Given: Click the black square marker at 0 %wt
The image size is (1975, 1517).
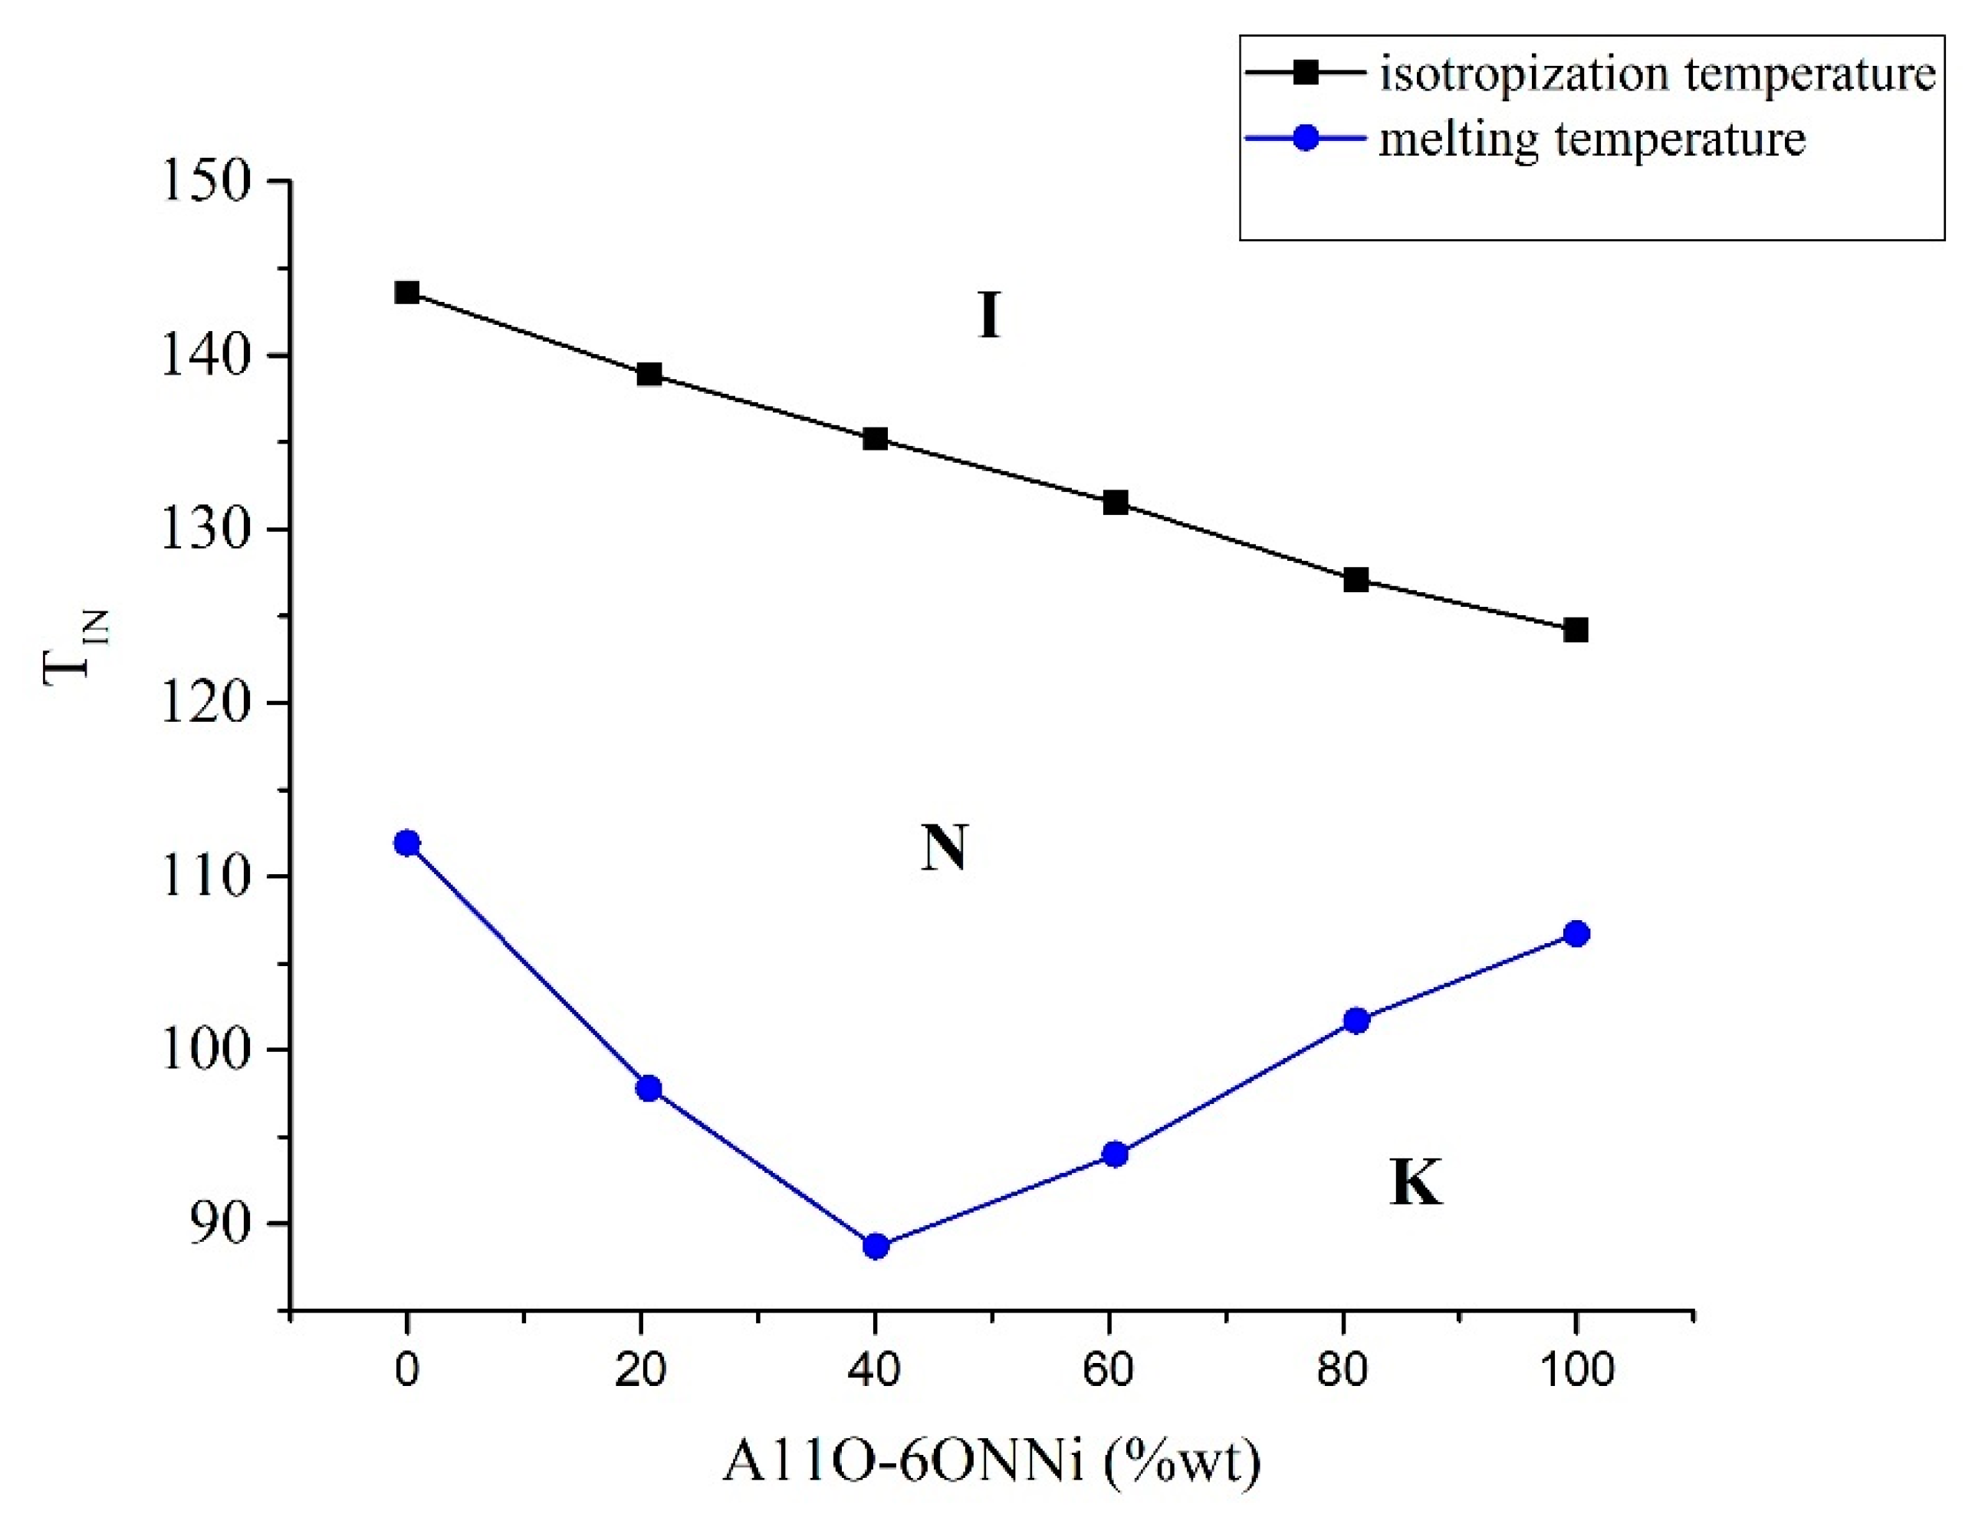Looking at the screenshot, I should click(x=406, y=293).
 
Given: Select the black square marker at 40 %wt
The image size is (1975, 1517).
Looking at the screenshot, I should click(x=875, y=439).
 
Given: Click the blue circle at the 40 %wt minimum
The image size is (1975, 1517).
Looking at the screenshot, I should click(x=875, y=1246).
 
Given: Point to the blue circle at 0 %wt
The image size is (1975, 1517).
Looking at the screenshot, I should click(x=406, y=843).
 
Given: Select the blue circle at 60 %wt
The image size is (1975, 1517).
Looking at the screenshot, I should click(x=1115, y=1154).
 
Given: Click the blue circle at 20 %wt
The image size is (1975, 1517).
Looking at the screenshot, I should click(x=649, y=1088).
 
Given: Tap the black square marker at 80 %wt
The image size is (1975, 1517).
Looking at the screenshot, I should click(x=1356, y=580).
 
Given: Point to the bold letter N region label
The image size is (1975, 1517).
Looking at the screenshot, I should click(x=943, y=849).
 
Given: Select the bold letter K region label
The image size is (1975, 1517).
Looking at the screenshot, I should click(x=1414, y=1182).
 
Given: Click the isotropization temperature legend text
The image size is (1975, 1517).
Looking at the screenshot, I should click(x=1657, y=74).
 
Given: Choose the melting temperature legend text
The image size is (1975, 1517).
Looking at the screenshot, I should click(x=1592, y=140).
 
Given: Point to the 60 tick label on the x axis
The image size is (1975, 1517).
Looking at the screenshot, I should click(x=1108, y=1370).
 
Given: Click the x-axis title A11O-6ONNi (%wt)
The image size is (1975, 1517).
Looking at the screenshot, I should click(x=991, y=1463).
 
